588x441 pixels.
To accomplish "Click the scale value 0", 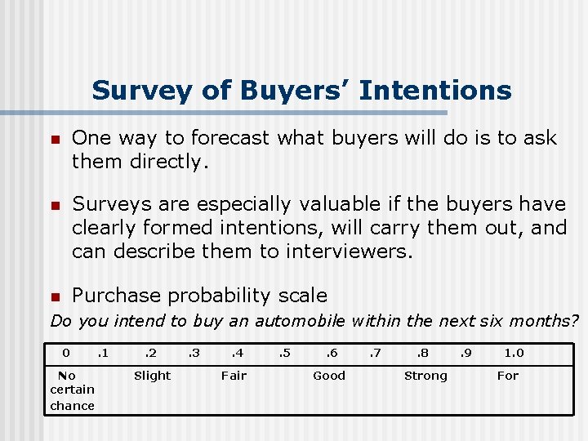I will click(67, 354).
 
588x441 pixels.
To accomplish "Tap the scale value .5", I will click(283, 354).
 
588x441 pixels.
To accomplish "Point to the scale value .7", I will click(376, 354).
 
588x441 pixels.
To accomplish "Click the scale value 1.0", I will click(514, 354).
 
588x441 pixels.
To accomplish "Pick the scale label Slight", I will click(152, 376).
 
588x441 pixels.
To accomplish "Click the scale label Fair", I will click(234, 376).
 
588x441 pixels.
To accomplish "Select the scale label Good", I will click(329, 376).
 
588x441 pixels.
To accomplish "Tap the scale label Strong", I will click(425, 376).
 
